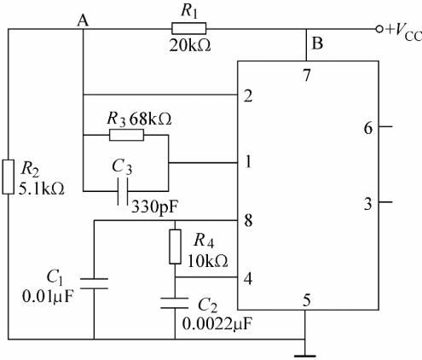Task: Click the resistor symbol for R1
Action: [x=189, y=29]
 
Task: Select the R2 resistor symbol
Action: [x=9, y=177]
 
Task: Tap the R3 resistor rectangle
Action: [x=127, y=135]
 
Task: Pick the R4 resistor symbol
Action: [x=175, y=247]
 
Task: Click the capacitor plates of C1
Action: [x=94, y=283]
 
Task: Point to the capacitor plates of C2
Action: [x=175, y=303]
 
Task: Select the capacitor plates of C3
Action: [x=123, y=191]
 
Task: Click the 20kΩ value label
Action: [x=190, y=45]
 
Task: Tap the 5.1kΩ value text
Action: [x=42, y=189]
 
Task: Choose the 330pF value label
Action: [x=155, y=207]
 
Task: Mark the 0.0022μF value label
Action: [x=217, y=323]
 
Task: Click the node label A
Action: [x=83, y=20]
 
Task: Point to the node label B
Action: [x=317, y=44]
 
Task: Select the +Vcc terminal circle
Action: [x=379, y=29]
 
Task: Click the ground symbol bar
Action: [x=305, y=356]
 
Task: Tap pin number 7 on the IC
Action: [x=307, y=75]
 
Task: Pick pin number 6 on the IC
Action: [x=368, y=128]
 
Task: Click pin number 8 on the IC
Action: [x=248, y=220]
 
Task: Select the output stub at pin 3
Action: [x=385, y=202]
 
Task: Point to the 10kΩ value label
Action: [x=208, y=261]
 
